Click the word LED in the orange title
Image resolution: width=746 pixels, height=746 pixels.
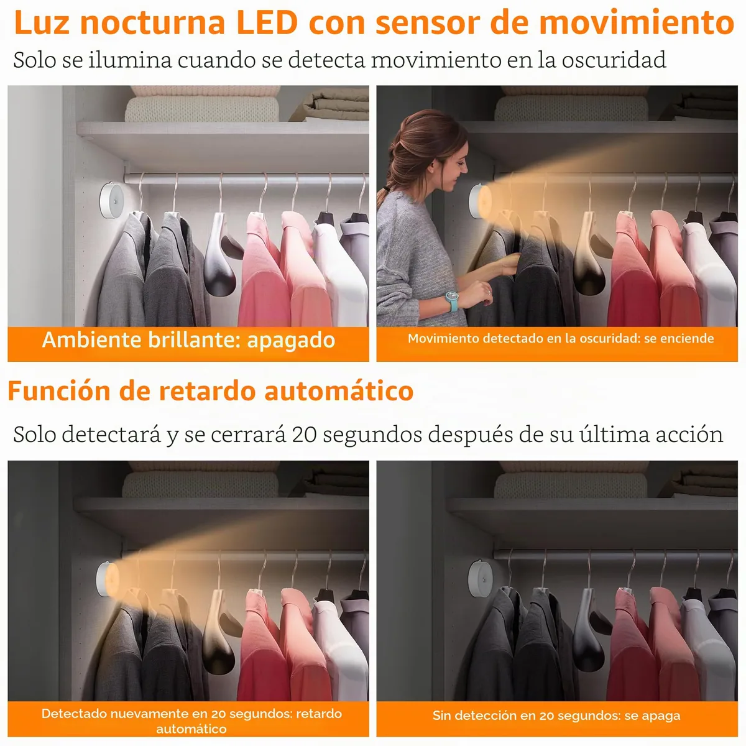click(x=267, y=23)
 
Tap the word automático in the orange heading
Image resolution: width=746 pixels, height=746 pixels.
click(x=339, y=391)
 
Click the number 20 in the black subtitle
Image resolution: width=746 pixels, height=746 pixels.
click(x=304, y=435)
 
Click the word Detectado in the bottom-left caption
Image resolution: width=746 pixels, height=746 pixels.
click(x=73, y=714)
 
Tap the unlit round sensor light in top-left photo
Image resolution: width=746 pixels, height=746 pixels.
click(x=112, y=201)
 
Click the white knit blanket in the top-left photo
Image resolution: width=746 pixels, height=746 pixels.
click(x=201, y=109)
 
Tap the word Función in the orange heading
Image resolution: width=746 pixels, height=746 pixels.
click(x=59, y=391)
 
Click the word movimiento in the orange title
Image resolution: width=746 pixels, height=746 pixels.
click(x=637, y=23)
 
